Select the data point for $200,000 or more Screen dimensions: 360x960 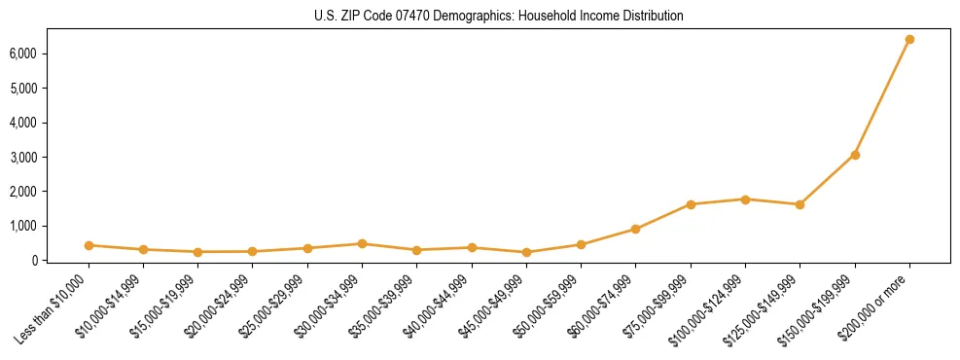tap(909, 40)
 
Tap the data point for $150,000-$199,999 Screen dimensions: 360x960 tap(855, 155)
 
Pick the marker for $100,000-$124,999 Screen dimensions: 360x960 tap(745, 199)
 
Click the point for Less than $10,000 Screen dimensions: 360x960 tap(89, 245)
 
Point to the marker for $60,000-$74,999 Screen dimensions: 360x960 tap(636, 230)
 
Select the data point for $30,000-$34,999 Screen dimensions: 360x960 tap(362, 244)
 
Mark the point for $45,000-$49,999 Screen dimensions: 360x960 tap(526, 253)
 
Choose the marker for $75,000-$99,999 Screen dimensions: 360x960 tap(691, 204)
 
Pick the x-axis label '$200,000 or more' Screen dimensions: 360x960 tap(876, 305)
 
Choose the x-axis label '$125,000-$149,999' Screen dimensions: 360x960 tap(764, 308)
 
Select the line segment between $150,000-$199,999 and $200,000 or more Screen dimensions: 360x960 tap(882, 97)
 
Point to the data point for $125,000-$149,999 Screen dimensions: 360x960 tap(800, 204)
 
